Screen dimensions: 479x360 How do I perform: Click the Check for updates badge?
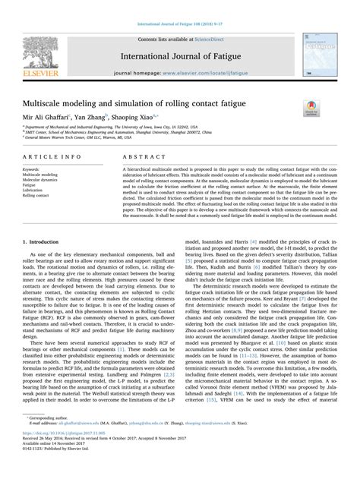pos(311,105)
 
